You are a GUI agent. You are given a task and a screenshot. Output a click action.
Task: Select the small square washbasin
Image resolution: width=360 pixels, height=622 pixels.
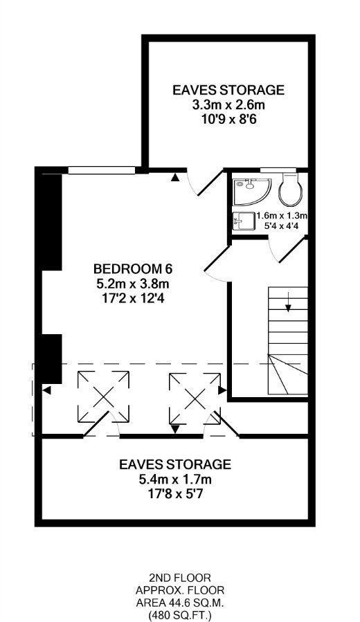pyautogui.click(x=244, y=220)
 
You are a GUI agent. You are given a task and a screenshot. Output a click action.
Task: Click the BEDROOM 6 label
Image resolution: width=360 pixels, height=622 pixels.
pyautogui.click(x=133, y=269)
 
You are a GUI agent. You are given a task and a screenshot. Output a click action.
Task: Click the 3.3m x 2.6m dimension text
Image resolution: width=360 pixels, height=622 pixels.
pyautogui.click(x=228, y=105)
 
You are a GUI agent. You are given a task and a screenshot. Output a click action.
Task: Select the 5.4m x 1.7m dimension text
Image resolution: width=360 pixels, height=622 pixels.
pyautogui.click(x=174, y=479)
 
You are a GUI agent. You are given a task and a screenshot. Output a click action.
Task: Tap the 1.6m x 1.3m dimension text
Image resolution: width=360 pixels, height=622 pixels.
pyautogui.click(x=282, y=216)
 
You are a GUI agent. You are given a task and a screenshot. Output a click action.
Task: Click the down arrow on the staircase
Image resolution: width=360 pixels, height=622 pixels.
pyautogui.click(x=288, y=304)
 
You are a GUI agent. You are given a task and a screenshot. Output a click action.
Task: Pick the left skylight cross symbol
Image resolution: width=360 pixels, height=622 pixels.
pyautogui.click(x=103, y=396)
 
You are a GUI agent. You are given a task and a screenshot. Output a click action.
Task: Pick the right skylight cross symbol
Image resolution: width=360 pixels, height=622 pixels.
pyautogui.click(x=195, y=399)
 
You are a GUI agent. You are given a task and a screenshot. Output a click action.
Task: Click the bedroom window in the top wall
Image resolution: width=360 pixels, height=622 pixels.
pyautogui.click(x=101, y=170)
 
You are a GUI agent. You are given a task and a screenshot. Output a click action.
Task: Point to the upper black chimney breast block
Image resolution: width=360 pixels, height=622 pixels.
pyautogui.click(x=52, y=222)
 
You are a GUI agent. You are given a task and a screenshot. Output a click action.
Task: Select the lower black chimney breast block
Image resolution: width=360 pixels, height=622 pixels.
pyautogui.click(x=52, y=359)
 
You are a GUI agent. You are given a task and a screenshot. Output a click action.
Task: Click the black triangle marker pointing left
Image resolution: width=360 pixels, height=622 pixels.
pyautogui.click(x=47, y=391)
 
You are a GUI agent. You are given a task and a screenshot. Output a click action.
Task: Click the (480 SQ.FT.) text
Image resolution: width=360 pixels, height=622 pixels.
pyautogui.click(x=180, y=616)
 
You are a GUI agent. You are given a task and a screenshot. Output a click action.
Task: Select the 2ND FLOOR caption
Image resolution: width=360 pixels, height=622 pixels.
pyautogui.click(x=180, y=578)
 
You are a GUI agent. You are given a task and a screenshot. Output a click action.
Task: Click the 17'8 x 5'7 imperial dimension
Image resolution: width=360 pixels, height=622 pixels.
pyautogui.click(x=174, y=494)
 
